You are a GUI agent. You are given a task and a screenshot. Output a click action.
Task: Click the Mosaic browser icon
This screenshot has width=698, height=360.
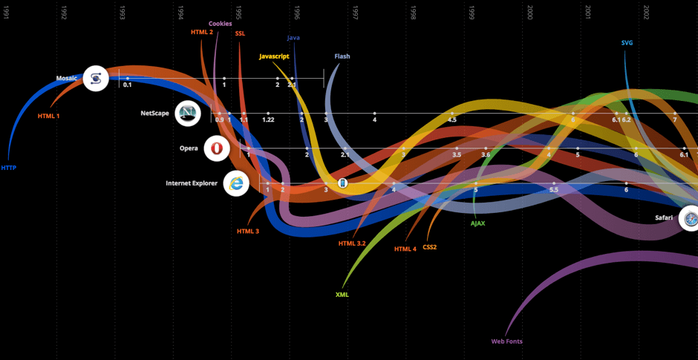(x=96, y=78)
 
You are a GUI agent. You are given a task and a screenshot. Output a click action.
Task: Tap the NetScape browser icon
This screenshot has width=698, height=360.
(x=188, y=114)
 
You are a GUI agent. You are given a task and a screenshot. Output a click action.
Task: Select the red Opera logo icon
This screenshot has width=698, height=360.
(x=217, y=148)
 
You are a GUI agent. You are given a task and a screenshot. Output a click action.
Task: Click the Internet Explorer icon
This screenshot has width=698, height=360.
(x=237, y=183)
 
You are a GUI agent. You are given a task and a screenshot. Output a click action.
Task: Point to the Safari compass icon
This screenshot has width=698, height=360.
(x=691, y=218)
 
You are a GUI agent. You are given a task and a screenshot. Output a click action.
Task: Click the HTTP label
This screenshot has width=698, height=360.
(x=9, y=168)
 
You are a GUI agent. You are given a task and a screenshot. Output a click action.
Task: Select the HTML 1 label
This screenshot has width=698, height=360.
(x=49, y=116)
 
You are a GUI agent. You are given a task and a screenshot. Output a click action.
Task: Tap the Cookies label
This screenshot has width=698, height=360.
(x=220, y=24)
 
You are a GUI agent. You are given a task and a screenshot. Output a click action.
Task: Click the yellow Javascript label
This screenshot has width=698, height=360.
(x=274, y=56)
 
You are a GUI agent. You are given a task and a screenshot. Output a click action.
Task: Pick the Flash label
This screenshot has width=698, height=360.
(x=342, y=56)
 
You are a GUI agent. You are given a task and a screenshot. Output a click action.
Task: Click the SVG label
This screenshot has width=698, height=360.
(x=627, y=42)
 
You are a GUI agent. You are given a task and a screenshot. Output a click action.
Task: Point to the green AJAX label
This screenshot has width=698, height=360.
(x=477, y=223)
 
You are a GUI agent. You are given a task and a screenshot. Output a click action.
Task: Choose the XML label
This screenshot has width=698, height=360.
(x=342, y=295)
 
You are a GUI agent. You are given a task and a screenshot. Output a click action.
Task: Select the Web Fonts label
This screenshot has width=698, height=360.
(x=507, y=341)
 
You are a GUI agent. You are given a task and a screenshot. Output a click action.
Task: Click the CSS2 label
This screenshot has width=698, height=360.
(x=430, y=247)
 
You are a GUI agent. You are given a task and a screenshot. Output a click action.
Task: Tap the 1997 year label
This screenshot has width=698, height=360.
(x=356, y=13)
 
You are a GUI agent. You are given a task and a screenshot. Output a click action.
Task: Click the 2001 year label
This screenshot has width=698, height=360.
(x=588, y=13)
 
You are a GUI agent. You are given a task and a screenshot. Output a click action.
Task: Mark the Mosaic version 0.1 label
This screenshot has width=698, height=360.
(x=128, y=85)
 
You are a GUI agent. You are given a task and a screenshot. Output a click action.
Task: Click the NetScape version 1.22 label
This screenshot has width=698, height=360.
(x=268, y=120)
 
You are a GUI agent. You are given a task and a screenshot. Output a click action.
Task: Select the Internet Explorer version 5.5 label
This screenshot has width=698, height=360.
(x=553, y=190)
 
